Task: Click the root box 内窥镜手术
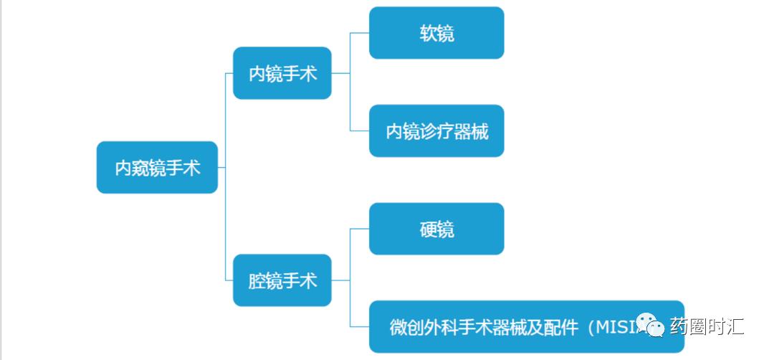pos(157,167)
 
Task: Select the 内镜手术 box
pos(282,73)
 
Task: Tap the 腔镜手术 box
pos(282,280)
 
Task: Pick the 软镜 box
pos(436,33)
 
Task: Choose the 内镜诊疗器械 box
pos(436,131)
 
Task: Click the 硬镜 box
pos(436,229)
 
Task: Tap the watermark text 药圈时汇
pos(707,327)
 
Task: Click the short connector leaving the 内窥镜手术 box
pos(221,167)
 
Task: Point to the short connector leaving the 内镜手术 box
pos(340,73)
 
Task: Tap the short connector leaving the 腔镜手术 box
pos(340,280)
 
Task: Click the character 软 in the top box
pos(428,33)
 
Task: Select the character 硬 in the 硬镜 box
pos(428,229)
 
